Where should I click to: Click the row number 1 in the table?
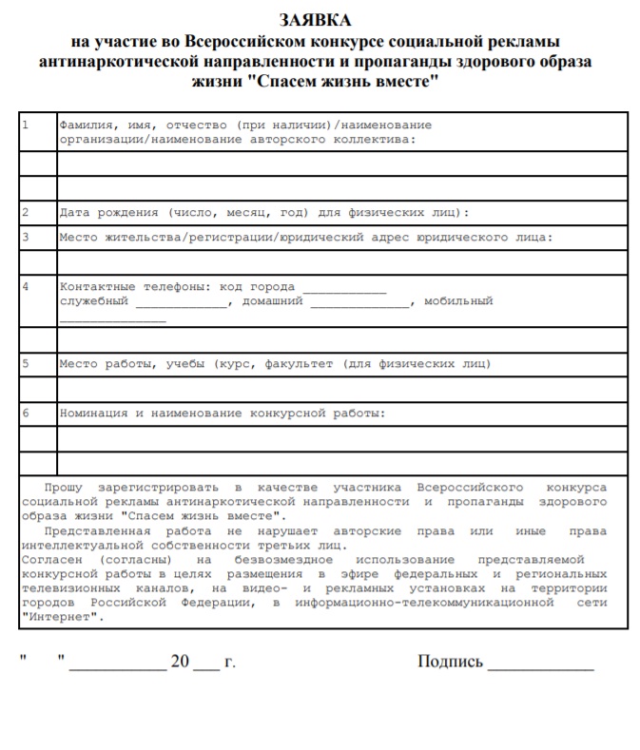tap(25, 125)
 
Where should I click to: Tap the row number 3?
tap(25, 237)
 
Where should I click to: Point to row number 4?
tap(25, 286)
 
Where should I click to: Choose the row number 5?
tap(25, 363)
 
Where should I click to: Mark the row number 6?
tap(25, 413)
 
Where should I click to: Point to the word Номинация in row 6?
tap(93, 413)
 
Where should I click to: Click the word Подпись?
tap(450, 662)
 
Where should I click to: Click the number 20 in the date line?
tap(180, 662)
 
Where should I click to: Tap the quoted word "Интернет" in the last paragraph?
tap(59, 617)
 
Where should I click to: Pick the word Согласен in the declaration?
tap(53, 560)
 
